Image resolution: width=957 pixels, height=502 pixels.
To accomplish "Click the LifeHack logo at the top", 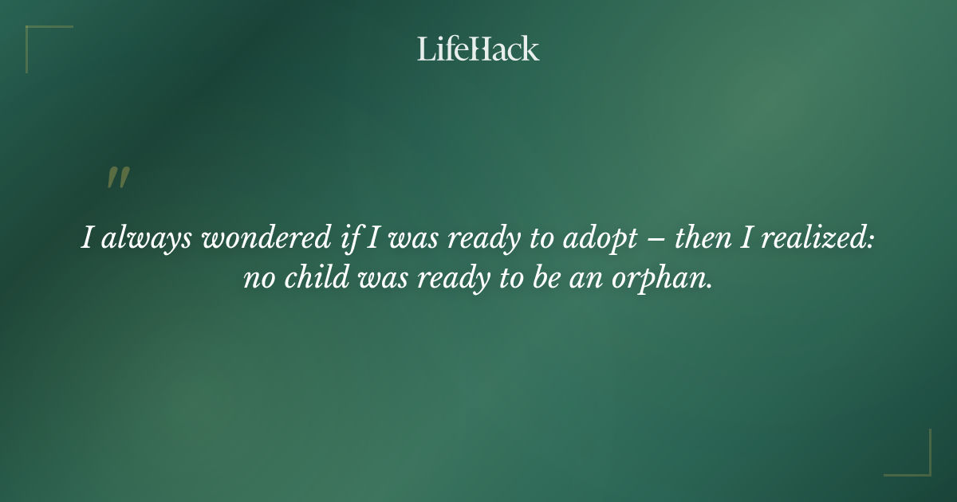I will tap(478, 49).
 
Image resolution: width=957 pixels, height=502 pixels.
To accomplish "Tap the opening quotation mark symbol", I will tap(117, 178).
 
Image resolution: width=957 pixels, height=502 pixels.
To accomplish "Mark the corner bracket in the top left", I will tap(48, 48).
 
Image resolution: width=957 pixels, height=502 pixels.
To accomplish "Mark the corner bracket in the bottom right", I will tap(908, 453).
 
